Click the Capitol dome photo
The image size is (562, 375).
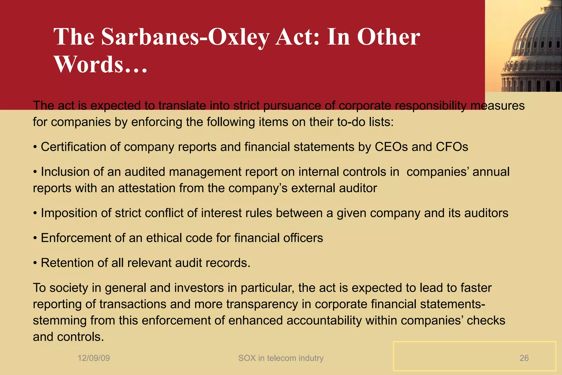coord(524,46)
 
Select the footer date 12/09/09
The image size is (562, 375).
coord(94,358)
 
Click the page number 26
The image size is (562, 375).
coord(524,358)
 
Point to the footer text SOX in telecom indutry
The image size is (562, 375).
coord(281,358)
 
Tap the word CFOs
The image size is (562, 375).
coord(452,147)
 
